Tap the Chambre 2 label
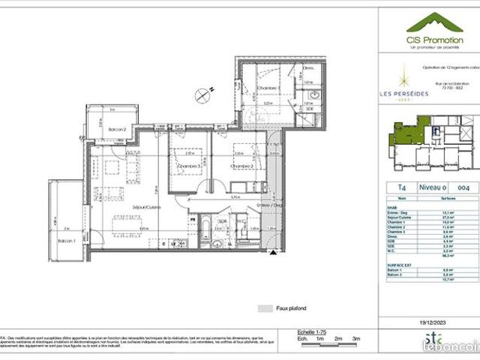click(x=241, y=166)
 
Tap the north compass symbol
click(x=202, y=94)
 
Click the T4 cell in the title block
click(x=392, y=187)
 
